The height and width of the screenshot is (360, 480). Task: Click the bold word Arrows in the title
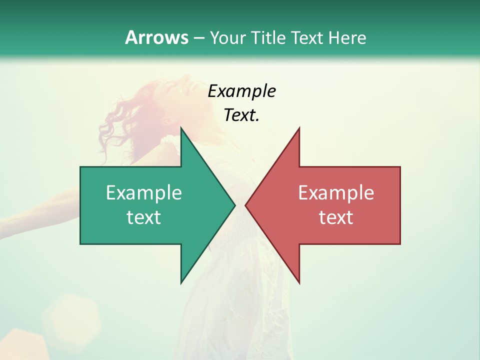tap(156, 37)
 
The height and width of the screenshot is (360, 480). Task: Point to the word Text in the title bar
tap(307, 37)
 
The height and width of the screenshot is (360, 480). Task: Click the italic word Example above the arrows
tap(241, 91)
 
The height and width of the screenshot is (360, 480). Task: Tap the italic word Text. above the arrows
tap(241, 115)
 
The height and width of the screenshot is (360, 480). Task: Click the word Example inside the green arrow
tap(144, 193)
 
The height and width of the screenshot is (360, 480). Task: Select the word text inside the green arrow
tap(144, 217)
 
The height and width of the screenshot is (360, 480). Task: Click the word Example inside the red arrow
tap(336, 193)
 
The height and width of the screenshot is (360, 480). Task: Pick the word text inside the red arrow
tap(336, 217)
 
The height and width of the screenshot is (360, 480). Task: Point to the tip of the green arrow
tap(234, 205)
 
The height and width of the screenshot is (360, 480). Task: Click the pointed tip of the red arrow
tap(245, 205)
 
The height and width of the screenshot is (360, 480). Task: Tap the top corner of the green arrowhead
tap(181, 128)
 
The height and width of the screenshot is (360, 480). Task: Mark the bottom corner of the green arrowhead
tap(181, 283)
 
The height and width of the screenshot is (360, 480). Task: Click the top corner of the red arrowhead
tap(299, 128)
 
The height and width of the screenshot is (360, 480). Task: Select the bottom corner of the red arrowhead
tap(299, 283)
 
